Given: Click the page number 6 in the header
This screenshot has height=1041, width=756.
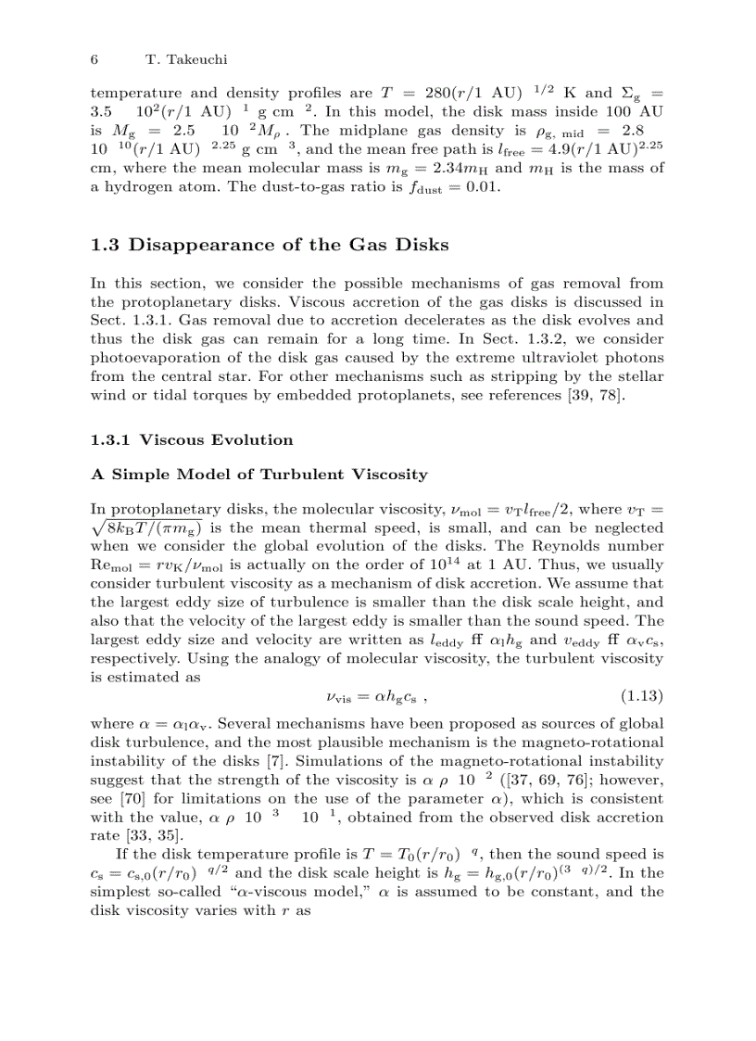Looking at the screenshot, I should (x=94, y=59).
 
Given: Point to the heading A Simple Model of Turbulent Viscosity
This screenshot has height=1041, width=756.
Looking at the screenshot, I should (x=259, y=475).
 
